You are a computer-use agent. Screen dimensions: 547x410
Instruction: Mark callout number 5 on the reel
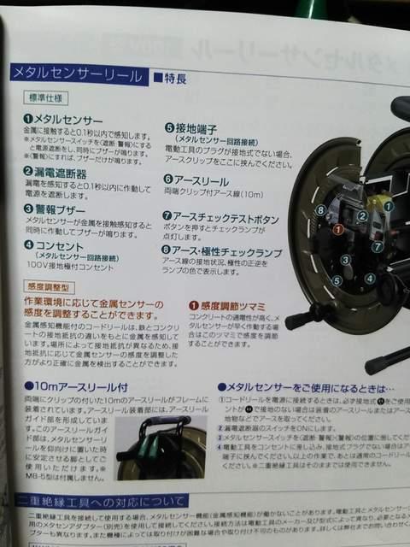338,279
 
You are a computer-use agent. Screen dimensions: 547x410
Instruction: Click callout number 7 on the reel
377,248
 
